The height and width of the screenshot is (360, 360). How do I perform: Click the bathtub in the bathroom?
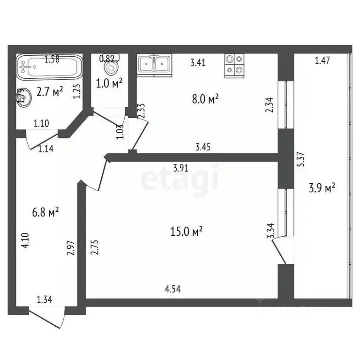pos(49,68)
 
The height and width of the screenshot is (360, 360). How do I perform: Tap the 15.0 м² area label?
pos(187,231)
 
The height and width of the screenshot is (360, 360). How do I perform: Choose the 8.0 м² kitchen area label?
pos(204,100)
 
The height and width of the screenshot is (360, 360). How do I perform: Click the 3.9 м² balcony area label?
pos(322,188)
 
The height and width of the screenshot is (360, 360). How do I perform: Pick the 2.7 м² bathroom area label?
pos(51,92)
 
